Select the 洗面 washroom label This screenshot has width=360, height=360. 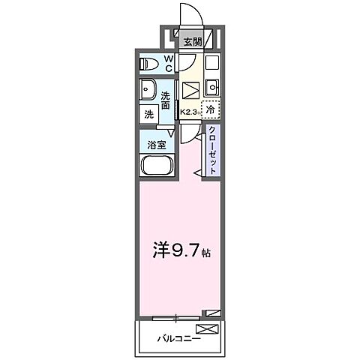tap(169, 99)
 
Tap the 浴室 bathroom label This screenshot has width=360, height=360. tap(157, 144)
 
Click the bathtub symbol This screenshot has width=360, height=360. tap(157, 166)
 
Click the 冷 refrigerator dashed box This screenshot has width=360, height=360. tap(211, 109)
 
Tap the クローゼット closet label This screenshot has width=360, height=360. tap(213, 150)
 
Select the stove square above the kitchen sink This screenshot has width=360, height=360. tap(211, 62)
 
